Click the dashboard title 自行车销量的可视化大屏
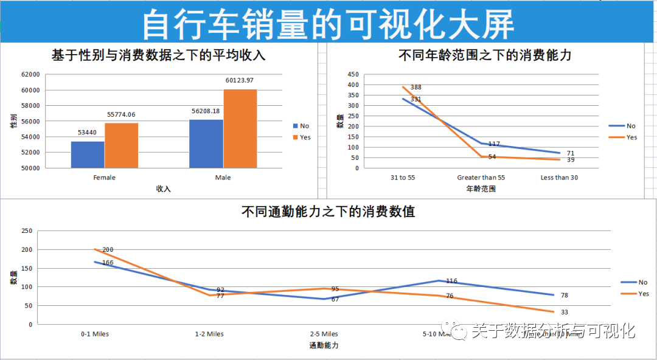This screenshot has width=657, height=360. [x=328, y=23]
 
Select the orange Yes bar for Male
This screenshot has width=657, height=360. [x=240, y=128]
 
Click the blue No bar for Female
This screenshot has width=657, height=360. [x=88, y=154]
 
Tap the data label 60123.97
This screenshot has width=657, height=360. [x=239, y=80]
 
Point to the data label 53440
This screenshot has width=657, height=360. [x=87, y=132]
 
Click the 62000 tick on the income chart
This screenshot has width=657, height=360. [x=30, y=74]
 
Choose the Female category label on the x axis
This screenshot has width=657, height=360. [x=104, y=178]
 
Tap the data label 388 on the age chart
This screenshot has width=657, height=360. [x=415, y=88]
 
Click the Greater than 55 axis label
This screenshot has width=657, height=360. [x=481, y=178]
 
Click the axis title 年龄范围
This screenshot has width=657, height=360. [x=481, y=189]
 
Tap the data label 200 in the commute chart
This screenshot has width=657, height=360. [x=108, y=250]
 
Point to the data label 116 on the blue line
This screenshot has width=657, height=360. [x=451, y=281]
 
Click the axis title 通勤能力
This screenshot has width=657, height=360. [x=324, y=345]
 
